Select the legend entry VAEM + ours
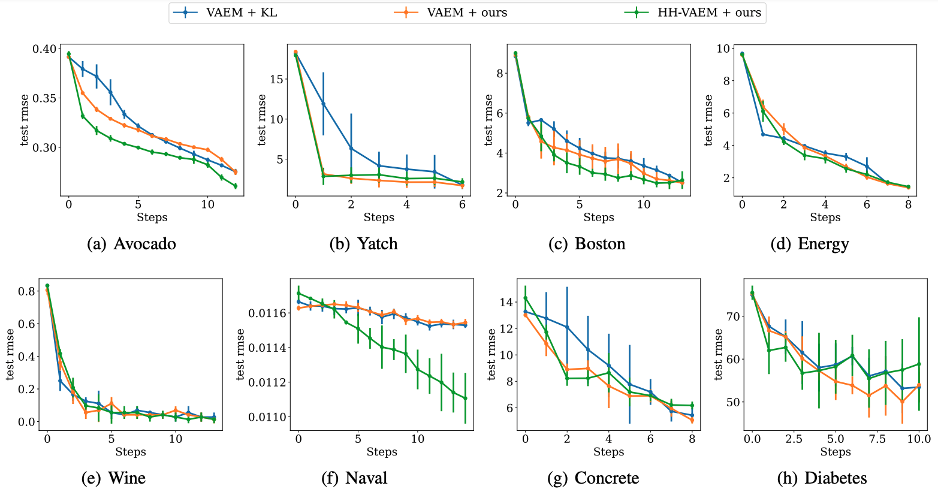466,13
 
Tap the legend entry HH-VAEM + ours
709,13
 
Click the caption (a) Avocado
131,244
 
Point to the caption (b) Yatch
363,244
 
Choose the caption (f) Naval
354,478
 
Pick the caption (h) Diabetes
822,478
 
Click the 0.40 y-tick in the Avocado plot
45,49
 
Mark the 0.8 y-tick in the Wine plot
26,291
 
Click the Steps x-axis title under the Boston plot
599,218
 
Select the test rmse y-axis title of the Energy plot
709,120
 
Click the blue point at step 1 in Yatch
324,104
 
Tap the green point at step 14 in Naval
465,398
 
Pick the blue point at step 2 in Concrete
566,327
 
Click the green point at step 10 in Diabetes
919,364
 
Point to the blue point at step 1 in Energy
763,134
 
